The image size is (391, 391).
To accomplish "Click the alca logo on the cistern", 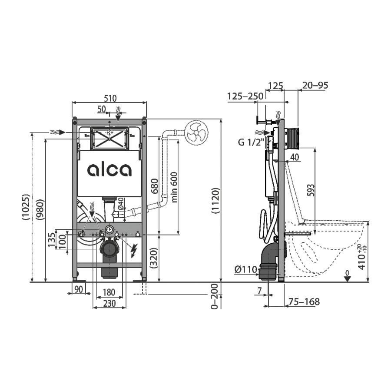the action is coord(109,170).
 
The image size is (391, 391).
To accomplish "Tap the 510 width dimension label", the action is coord(110,98).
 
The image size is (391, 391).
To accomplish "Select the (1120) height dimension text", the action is coord(215,200).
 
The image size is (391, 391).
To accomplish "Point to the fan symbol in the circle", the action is coord(197,133).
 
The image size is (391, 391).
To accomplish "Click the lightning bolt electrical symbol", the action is coord(134,250).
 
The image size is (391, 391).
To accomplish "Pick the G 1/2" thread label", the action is coord(251,142).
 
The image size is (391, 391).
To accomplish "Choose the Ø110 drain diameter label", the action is coord(245,269).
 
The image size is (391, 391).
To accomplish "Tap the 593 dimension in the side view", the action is coord(311,190).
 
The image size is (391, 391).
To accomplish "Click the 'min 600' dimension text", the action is coord(174,187).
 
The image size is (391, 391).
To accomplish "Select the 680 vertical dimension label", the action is coord(155,186).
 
